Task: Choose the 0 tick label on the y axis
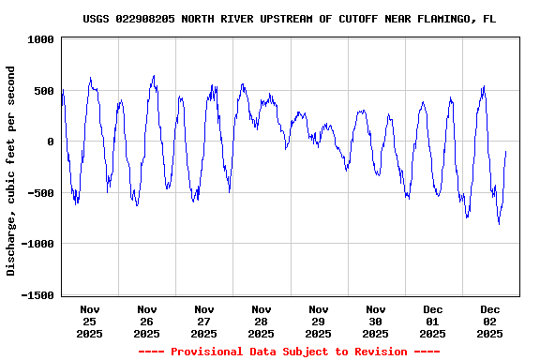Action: tap(51, 142)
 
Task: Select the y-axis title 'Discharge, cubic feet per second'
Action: tap(11, 171)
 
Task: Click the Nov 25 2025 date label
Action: tap(90, 321)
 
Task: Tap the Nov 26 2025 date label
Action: tap(147, 321)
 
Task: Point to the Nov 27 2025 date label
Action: tap(204, 321)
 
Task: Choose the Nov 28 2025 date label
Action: tap(262, 321)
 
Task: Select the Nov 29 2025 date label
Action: tap(319, 321)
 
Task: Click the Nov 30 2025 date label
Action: tap(376, 321)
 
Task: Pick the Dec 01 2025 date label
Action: tap(433, 321)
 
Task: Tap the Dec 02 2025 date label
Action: tap(490, 321)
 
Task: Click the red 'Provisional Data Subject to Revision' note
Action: tap(289, 352)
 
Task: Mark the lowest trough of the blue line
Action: tap(499, 223)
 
